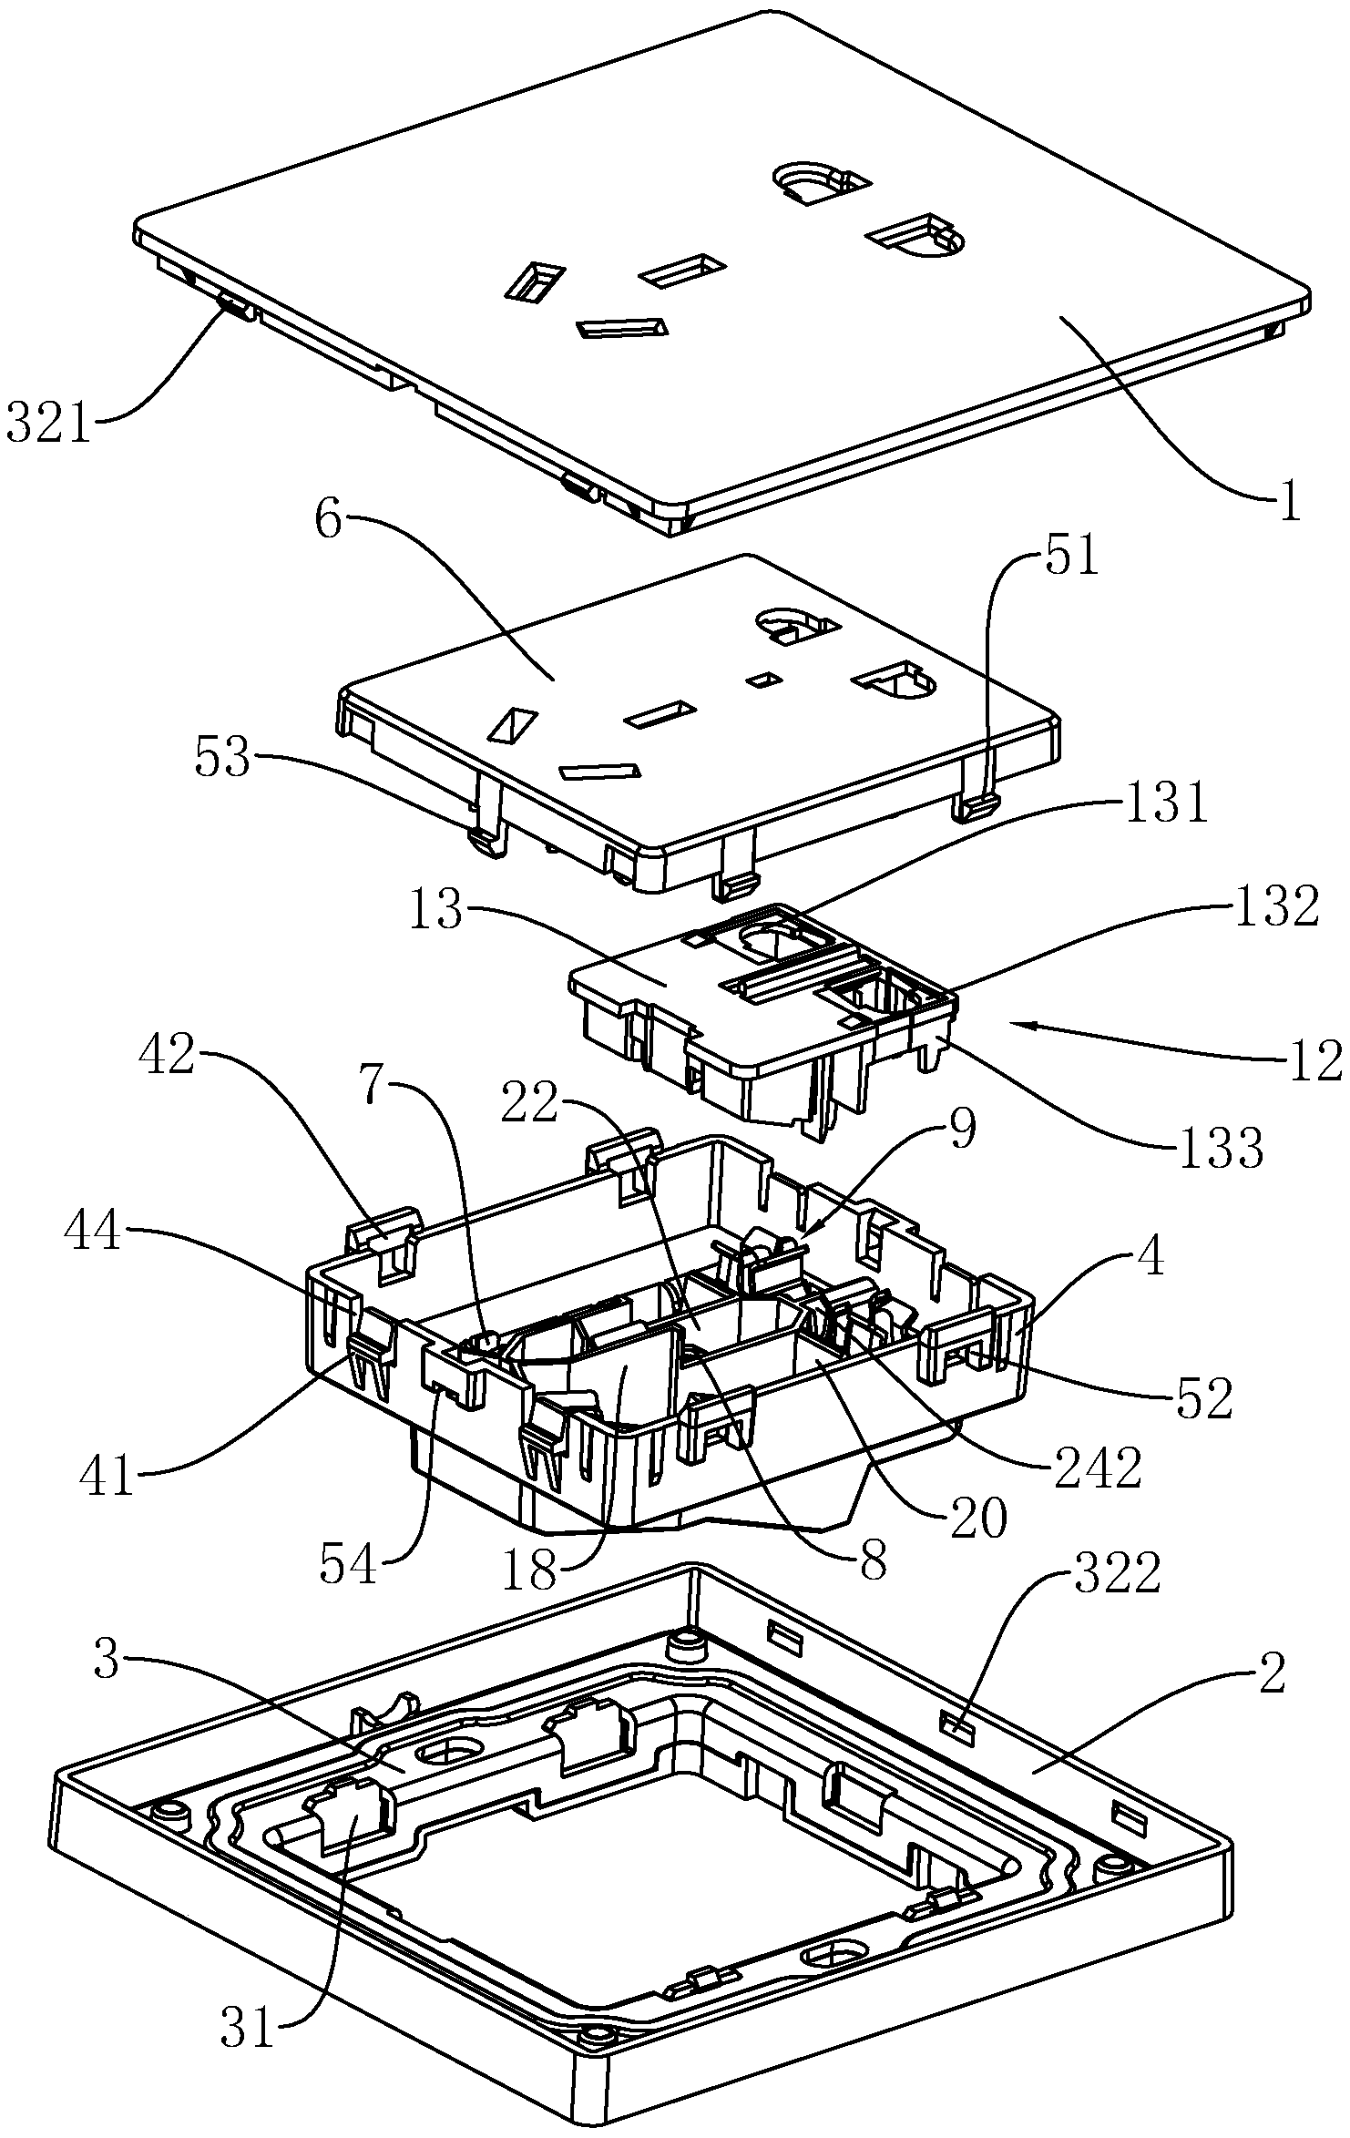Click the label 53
point(222,758)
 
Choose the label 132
point(1275,907)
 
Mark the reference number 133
point(1221,1148)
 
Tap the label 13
point(436,911)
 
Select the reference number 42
point(166,1054)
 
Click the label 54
point(348,1563)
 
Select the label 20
point(978,1518)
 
